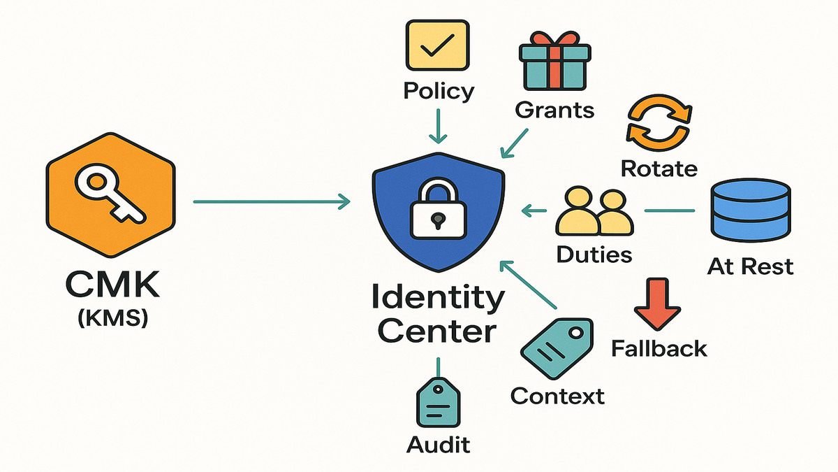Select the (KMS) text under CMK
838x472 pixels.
coord(111,320)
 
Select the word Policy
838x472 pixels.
coord(439,91)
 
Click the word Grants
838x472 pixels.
coord(555,110)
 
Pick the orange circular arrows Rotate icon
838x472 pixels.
coord(659,124)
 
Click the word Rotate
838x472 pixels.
coord(659,169)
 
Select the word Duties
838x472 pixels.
coord(594,255)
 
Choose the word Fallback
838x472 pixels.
coord(659,348)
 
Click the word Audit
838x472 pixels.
coord(439,444)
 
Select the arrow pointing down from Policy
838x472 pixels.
coord(439,127)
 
